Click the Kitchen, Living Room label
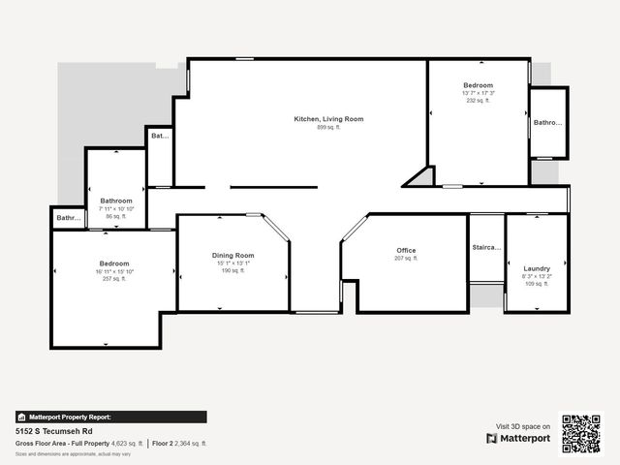pyautogui.click(x=329, y=119)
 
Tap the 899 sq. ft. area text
pyautogui.click(x=329, y=127)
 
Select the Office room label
pyautogui.click(x=406, y=251)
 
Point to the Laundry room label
pyautogui.click(x=537, y=268)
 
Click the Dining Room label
pyautogui.click(x=233, y=255)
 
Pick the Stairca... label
pyautogui.click(x=486, y=248)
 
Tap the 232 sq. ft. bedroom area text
pyautogui.click(x=479, y=100)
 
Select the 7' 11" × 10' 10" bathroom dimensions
pyautogui.click(x=116, y=209)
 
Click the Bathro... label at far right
pyautogui.click(x=548, y=123)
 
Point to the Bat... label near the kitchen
pyautogui.click(x=160, y=137)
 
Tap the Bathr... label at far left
pyautogui.click(x=68, y=218)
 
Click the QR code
pyautogui.click(x=581, y=434)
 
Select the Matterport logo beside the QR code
pyautogui.click(x=518, y=439)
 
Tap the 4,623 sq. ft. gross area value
pyautogui.click(x=127, y=443)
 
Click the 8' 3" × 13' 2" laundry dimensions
pyautogui.click(x=537, y=276)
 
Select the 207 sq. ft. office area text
pyautogui.click(x=406, y=259)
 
